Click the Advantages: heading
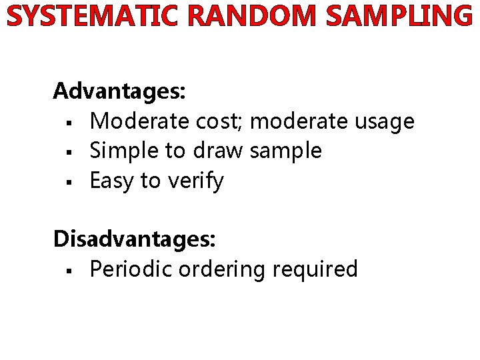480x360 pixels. pyautogui.click(x=120, y=91)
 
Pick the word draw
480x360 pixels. pyautogui.click(x=219, y=151)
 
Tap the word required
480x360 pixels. pyautogui.click(x=315, y=270)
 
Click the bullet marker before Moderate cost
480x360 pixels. pyautogui.click(x=69, y=123)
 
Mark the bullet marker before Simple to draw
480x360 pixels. pyautogui.click(x=69, y=152)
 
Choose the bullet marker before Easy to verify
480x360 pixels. pyautogui.click(x=69, y=182)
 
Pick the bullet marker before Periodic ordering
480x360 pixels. pyautogui.click(x=69, y=270)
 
